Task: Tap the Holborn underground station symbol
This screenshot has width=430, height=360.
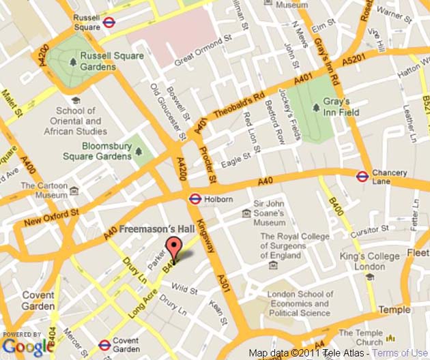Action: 194,199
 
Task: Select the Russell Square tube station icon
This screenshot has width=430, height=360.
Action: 109,22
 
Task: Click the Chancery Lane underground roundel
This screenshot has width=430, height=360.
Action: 362,177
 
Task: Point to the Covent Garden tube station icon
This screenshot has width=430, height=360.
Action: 104,345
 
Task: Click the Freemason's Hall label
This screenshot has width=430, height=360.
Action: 160,230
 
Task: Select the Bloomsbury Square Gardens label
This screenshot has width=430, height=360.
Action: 106,151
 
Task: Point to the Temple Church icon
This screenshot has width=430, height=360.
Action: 391,337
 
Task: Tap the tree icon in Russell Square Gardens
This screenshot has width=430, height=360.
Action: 72,63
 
